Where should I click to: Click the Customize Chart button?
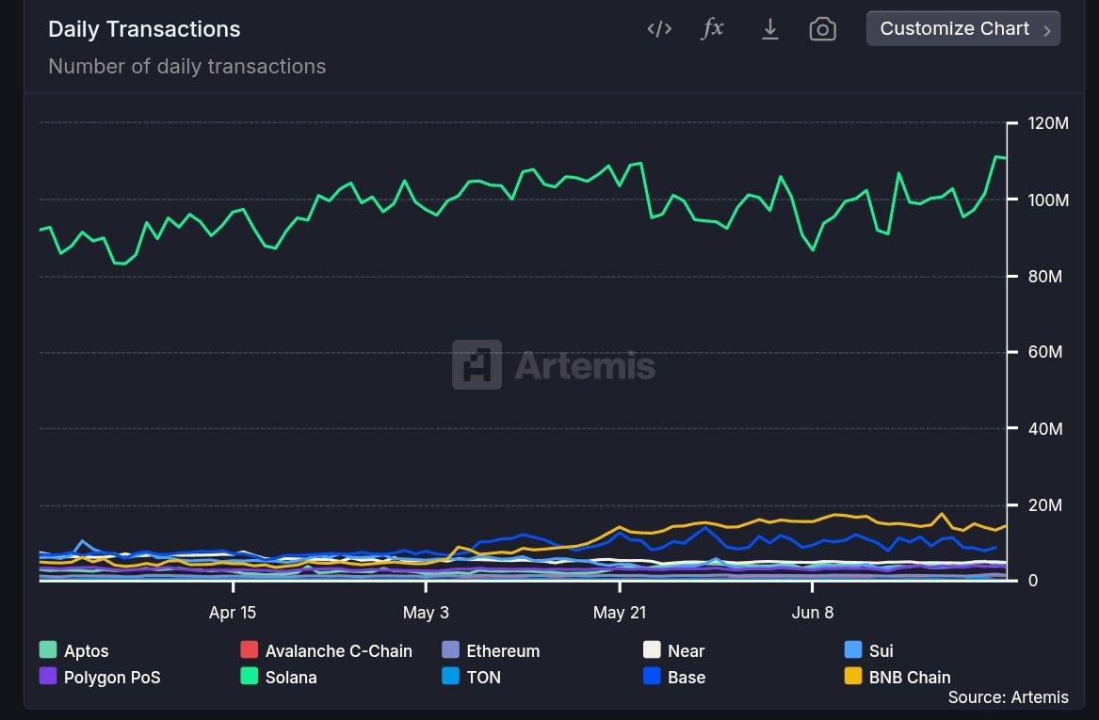(x=962, y=29)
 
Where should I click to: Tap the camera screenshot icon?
(x=822, y=29)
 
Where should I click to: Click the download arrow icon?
(x=769, y=29)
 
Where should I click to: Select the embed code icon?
(x=659, y=29)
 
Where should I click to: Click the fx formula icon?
(x=713, y=28)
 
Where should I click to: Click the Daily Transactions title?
(x=144, y=29)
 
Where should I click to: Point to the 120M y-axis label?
(x=1047, y=124)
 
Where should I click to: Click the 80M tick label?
(x=1043, y=277)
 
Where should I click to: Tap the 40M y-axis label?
(x=1043, y=429)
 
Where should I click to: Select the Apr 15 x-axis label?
(x=233, y=613)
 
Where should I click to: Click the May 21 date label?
(x=620, y=613)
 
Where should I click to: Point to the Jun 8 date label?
(x=813, y=613)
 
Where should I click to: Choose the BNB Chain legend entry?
(x=909, y=677)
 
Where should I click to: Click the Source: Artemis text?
(x=1008, y=697)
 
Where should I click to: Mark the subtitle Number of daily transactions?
(x=186, y=67)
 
